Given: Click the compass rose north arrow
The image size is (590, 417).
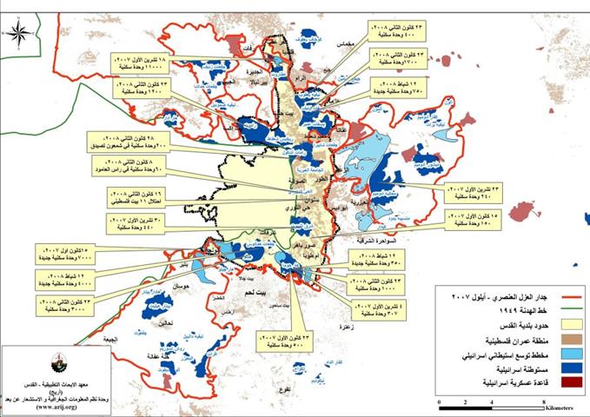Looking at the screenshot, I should (23, 35).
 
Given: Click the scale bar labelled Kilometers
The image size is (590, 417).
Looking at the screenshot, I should (492, 395).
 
